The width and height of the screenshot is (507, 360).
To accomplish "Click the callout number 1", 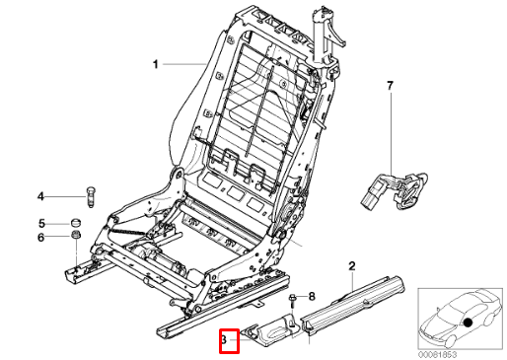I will pos(155,65).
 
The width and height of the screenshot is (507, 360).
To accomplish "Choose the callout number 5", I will pos(41,222).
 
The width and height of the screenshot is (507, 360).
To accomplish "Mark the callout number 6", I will pos(41,237).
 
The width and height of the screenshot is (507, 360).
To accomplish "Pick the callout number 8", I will pos(312,296).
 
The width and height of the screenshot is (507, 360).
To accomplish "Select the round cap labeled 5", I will pos(75,221).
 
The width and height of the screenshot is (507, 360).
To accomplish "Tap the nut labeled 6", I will pos(75,236).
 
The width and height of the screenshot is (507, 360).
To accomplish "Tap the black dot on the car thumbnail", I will pos(469,322).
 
